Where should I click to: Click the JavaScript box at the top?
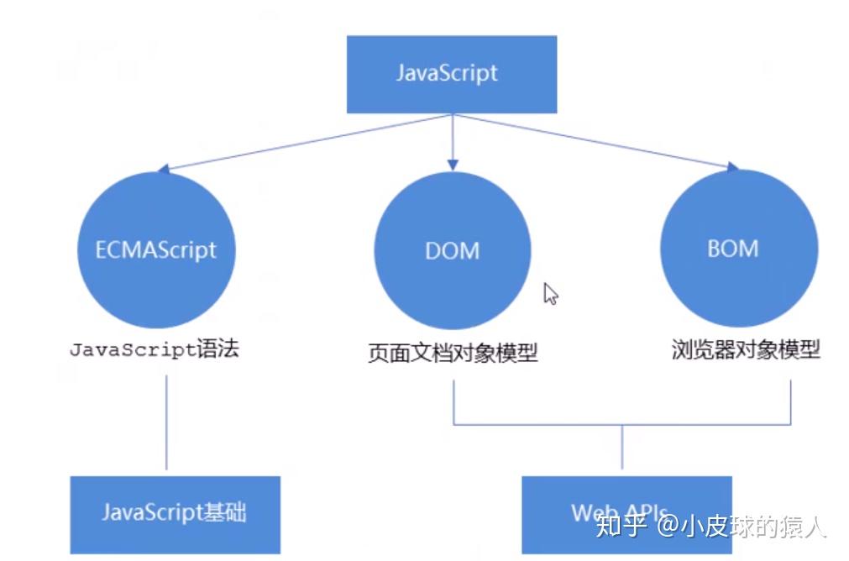(452, 74)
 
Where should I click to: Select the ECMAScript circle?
(156, 249)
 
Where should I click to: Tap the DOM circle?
(453, 250)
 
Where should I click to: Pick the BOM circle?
(739, 248)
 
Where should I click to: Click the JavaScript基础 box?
(176, 515)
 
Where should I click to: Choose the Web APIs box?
(627, 515)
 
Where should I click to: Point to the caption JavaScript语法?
(155, 349)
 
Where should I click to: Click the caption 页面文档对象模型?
(453, 353)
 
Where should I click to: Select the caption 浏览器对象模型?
(746, 349)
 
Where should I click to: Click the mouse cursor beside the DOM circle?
(551, 293)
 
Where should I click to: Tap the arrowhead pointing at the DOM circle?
(453, 165)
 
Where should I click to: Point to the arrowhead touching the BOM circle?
(732, 167)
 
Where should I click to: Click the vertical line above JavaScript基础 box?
(166, 422)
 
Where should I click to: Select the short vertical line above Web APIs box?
(622, 447)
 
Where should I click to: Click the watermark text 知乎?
(621, 525)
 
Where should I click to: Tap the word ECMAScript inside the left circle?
(156, 250)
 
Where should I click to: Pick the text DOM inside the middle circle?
(452, 251)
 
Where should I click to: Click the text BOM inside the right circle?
(733, 249)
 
